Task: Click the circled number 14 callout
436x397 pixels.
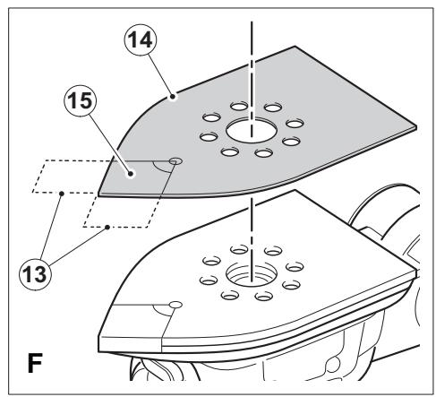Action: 141,40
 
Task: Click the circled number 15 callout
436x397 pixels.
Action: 81,100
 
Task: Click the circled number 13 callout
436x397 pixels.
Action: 35,274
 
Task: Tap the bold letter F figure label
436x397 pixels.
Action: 35,363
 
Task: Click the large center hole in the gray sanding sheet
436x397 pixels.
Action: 252,131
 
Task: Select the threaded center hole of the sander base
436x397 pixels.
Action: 252,274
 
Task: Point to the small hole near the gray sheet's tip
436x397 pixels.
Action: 175,161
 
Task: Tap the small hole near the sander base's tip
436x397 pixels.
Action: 175,305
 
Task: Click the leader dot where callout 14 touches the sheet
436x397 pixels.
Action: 172,97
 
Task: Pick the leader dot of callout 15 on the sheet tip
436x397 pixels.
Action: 131,174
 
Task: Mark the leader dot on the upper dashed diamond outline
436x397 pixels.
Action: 62,194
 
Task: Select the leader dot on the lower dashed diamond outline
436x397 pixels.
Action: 107,228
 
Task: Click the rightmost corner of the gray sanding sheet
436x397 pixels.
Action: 416,126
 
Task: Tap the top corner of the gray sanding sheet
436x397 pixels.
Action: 295,46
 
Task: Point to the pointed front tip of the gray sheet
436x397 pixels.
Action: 98,195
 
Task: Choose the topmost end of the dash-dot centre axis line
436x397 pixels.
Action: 252,22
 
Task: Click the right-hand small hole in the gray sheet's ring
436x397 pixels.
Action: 295,123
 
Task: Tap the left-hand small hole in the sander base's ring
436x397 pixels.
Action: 209,280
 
